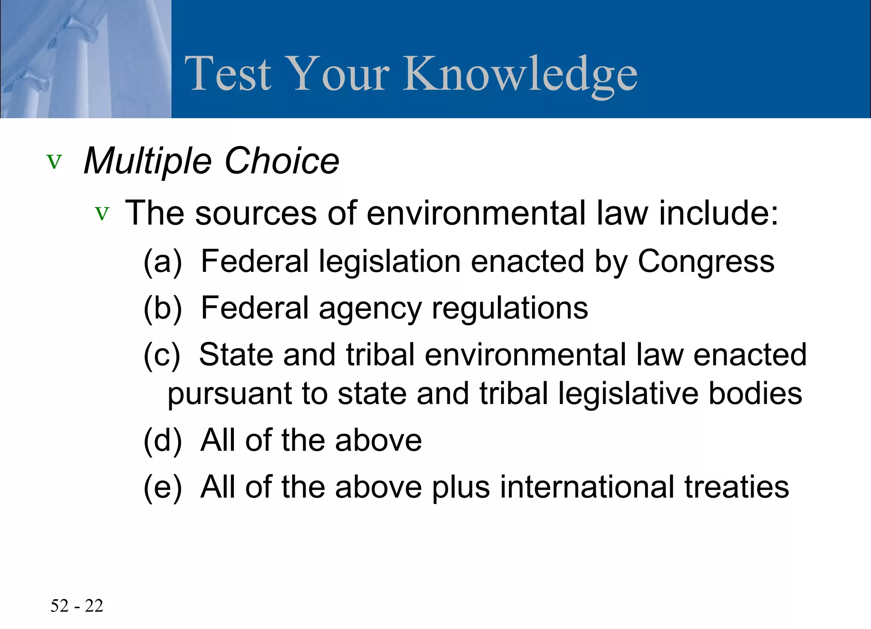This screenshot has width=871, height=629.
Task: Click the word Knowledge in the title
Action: pyautogui.click(x=520, y=74)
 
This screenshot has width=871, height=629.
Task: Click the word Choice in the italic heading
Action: pyautogui.click(x=282, y=161)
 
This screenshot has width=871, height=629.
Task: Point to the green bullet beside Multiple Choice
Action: pyautogui.click(x=54, y=162)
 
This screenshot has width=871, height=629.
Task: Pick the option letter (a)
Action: pyautogui.click(x=162, y=261)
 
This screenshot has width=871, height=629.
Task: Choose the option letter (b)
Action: pyautogui.click(x=162, y=308)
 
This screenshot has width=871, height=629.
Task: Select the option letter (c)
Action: pyautogui.click(x=162, y=355)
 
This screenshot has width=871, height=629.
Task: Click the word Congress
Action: pyautogui.click(x=706, y=262)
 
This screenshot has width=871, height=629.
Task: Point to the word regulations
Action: pyautogui.click(x=510, y=308)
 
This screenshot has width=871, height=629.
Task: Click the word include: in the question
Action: pyautogui.click(x=719, y=213)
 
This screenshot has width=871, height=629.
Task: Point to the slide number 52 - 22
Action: pyautogui.click(x=77, y=606)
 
